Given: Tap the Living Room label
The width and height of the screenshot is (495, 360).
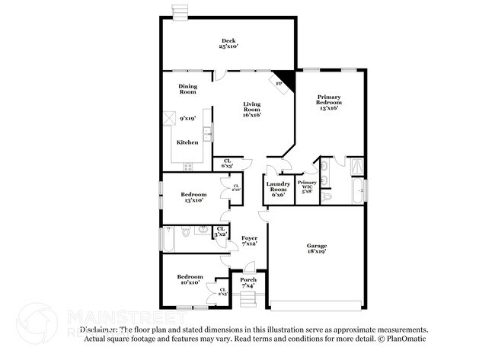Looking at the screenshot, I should coord(252,110).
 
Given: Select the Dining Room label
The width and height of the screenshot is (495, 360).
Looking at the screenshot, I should coord(187,89).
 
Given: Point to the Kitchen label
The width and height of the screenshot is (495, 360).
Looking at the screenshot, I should coord(187,142).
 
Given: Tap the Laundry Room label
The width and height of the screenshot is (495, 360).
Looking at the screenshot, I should coord(277,189).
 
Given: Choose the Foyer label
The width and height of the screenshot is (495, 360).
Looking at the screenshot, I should coord(249,241).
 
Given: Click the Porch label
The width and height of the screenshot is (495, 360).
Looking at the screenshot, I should coord(248,282).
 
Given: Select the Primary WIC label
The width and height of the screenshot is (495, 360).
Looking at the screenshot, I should coord(308,187).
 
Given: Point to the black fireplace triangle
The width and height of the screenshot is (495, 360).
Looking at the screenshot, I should coord(282,81).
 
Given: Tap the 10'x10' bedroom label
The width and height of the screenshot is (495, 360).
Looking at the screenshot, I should coord(189,279).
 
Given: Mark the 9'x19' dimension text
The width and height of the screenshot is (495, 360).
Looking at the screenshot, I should coord(188,119).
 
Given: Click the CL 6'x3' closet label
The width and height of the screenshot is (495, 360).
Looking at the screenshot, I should coord(227,162).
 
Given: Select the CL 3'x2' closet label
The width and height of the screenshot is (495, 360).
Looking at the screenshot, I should coord(221,231).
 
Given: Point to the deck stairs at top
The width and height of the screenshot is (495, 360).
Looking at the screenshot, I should coord(180,11).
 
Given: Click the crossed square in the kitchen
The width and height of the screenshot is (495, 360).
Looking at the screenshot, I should coord(169,119).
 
